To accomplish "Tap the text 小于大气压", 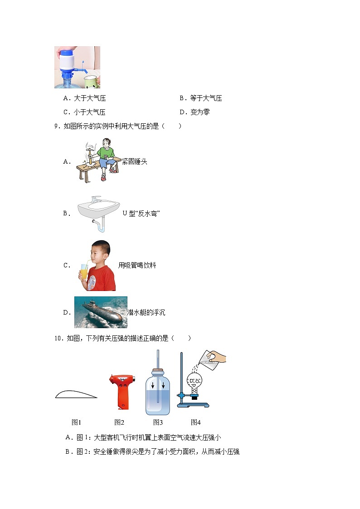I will pyautogui.click(x=89, y=112).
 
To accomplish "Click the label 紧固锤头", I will pyautogui.click(x=135, y=161).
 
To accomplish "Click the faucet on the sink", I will pyautogui.click(x=97, y=199).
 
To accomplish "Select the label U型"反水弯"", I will pyautogui.click(x=141, y=213).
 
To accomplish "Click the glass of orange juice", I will pyautogui.click(x=84, y=273).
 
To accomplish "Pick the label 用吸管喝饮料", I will pyautogui.click(x=137, y=265).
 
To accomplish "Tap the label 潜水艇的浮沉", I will pyautogui.click(x=146, y=312).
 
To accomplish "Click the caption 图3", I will pyautogui.click(x=158, y=422).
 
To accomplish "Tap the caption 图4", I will pyautogui.click(x=195, y=422).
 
